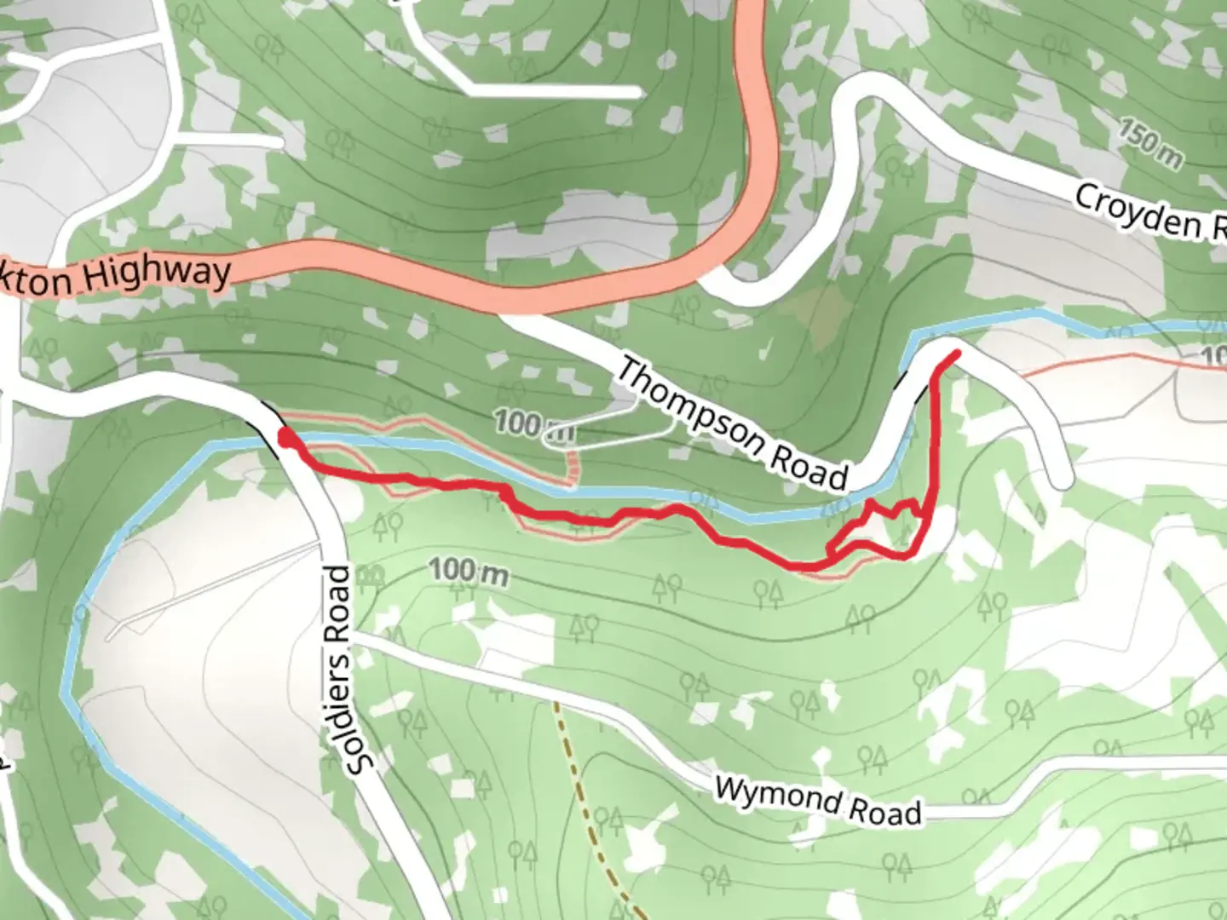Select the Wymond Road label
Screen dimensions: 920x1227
click(x=817, y=801)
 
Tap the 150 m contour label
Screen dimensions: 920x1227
click(x=1149, y=144)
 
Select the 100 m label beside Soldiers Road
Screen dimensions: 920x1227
click(x=468, y=572)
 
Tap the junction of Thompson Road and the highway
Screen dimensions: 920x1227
click(x=511, y=315)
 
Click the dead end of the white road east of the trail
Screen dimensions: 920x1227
click(x=1060, y=482)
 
